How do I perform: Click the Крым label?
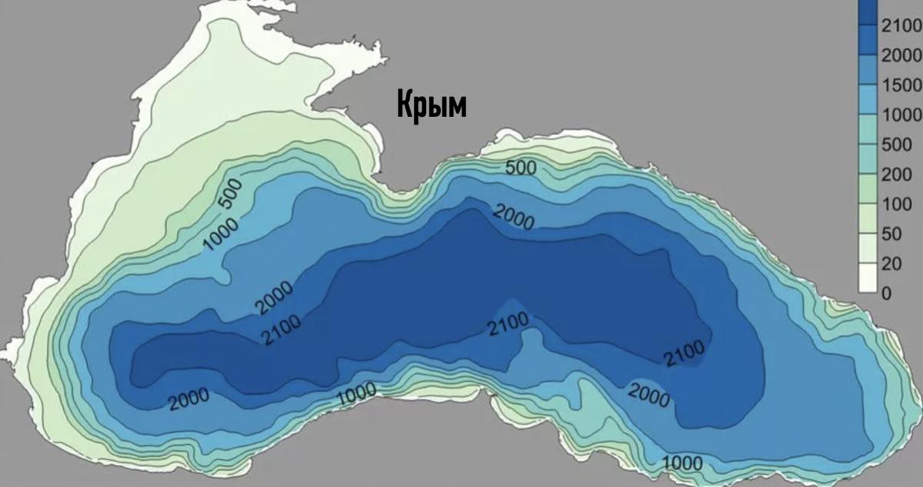tap(432, 105)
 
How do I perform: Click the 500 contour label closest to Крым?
tap(522, 168)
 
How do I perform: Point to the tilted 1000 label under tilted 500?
tap(222, 234)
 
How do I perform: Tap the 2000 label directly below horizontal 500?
tap(513, 217)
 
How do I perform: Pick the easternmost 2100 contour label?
tap(683, 352)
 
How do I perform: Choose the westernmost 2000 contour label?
tap(188, 399)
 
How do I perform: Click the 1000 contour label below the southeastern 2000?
tap(681, 463)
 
